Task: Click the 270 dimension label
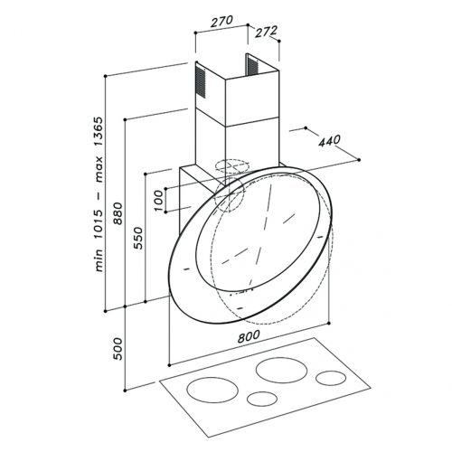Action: [x=221, y=21]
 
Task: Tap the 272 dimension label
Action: [x=266, y=32]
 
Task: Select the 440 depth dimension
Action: [x=330, y=141]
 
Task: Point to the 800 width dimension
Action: [x=249, y=336]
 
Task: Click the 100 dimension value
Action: [x=158, y=201]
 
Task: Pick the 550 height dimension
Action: [x=137, y=238]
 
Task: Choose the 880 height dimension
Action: [x=118, y=213]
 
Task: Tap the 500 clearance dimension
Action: [x=118, y=349]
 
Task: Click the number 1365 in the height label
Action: [x=99, y=132]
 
